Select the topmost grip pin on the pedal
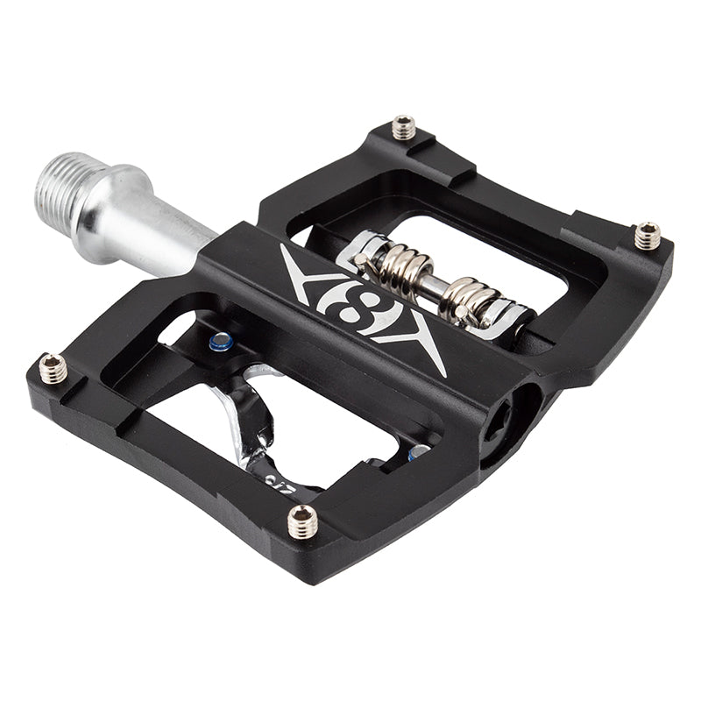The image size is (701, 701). pos(403,128)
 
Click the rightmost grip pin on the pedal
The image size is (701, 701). pos(647,235)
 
